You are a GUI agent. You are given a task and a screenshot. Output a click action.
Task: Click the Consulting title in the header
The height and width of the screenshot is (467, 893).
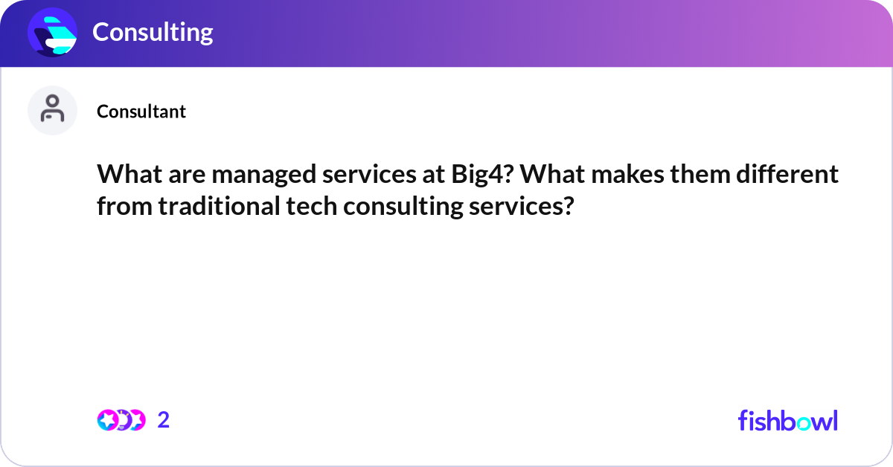coord(153,32)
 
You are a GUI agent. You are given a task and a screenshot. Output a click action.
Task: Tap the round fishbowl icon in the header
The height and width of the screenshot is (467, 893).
coord(53,32)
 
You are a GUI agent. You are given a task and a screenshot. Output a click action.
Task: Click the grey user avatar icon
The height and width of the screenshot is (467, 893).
coord(52,110)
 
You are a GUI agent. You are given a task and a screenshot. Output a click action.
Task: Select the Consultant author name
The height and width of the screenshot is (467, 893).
coord(141,112)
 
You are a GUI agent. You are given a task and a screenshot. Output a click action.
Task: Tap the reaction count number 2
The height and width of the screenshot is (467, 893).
coord(164,420)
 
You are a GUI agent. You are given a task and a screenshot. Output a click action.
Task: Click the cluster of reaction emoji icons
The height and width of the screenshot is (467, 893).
coord(121,420)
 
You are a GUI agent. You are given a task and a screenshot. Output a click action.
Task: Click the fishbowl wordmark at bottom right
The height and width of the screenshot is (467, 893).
coord(787,420)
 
